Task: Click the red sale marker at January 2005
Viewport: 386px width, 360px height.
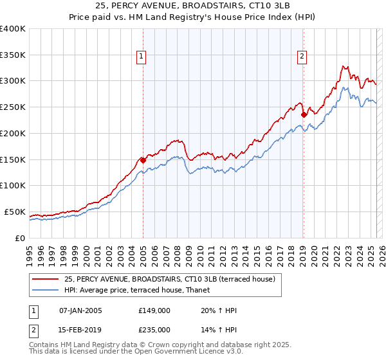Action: [143, 160]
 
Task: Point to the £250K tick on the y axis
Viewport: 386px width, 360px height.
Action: [12, 107]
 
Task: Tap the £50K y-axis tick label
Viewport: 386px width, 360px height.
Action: [15, 212]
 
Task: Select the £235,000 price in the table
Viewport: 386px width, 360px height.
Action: [154, 330]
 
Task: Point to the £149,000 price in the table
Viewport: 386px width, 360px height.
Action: [154, 310]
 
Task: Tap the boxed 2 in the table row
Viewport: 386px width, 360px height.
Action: [34, 330]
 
